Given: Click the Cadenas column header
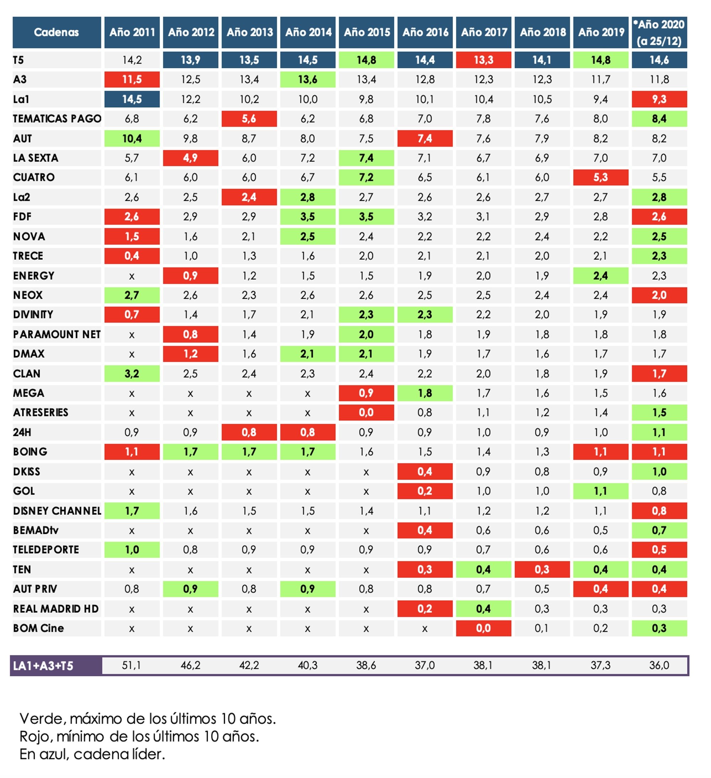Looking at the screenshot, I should pyautogui.click(x=57, y=32).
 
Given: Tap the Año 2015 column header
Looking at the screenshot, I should pyautogui.click(x=366, y=32).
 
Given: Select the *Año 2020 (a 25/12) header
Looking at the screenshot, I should pyautogui.click(x=659, y=32).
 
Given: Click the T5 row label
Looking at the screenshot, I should pyautogui.click(x=18, y=60).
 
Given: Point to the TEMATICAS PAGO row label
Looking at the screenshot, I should pyautogui.click(x=57, y=118).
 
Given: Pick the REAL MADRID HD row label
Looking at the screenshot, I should pyautogui.click(x=56, y=609).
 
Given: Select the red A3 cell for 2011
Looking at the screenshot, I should pyautogui.click(x=132, y=79).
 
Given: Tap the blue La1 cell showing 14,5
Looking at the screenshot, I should pyautogui.click(x=132, y=99).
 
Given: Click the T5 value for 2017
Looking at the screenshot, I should pyautogui.click(x=483, y=60).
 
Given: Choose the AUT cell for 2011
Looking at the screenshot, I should pyautogui.click(x=132, y=138).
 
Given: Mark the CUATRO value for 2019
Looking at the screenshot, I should pyautogui.click(x=600, y=178).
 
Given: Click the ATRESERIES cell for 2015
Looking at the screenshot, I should pyautogui.click(x=366, y=413).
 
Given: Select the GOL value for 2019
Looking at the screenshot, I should pyautogui.click(x=600, y=491).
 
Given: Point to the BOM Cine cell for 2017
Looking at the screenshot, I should pyautogui.click(x=483, y=628).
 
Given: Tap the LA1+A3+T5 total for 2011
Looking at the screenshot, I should pyautogui.click(x=132, y=665).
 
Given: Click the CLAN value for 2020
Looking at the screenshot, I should pyautogui.click(x=659, y=374).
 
